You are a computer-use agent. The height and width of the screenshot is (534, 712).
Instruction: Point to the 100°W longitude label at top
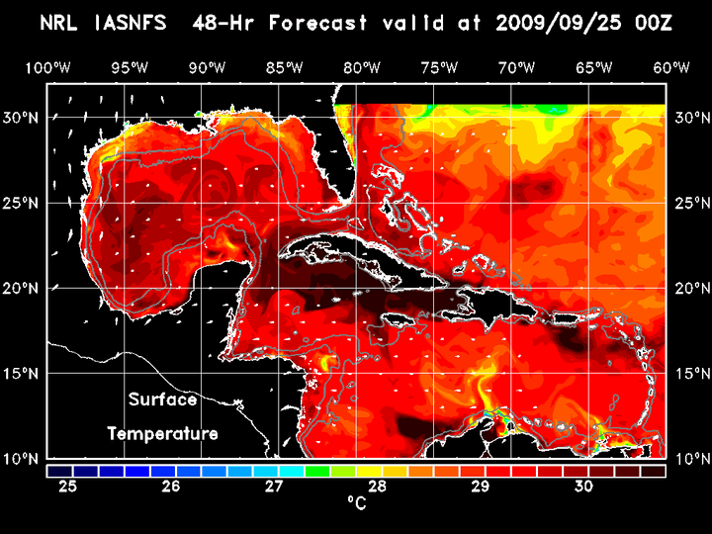coord(47,67)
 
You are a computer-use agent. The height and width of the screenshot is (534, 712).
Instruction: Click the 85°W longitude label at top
coord(284,67)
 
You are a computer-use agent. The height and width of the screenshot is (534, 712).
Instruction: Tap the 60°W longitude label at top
coord(671,67)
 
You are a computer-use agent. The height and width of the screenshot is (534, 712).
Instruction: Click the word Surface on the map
coord(162,400)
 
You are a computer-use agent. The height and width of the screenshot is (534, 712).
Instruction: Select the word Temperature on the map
coord(162,433)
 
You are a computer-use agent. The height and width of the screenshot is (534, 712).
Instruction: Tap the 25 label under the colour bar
coord(68,487)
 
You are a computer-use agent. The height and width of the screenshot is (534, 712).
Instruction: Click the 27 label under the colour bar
coord(274,487)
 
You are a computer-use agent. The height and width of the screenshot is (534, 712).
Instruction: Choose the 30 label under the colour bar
coord(583,487)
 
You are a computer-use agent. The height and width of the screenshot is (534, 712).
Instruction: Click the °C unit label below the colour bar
coord(356,503)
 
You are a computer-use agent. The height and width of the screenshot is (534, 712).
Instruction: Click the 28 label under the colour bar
coord(377,487)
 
